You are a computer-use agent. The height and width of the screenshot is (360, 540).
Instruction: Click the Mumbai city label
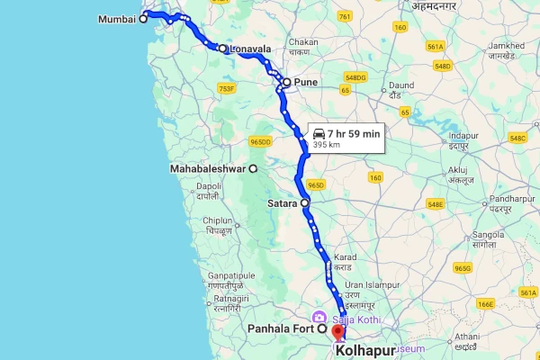click(x=114, y=18)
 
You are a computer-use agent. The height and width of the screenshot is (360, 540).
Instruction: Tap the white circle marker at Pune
click(x=286, y=82)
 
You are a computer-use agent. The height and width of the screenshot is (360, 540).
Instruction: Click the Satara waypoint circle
click(x=305, y=203)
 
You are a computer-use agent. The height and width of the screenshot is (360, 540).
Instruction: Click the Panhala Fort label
click(x=279, y=329)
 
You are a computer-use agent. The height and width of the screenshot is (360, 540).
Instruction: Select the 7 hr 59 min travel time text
click(x=354, y=132)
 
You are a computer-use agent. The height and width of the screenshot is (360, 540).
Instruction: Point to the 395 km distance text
click(x=327, y=144)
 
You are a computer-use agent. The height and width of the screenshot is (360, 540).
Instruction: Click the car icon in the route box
click(x=319, y=132)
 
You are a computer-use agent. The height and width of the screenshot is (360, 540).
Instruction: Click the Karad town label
click(x=346, y=257)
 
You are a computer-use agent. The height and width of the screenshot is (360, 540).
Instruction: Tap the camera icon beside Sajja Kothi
click(x=318, y=318)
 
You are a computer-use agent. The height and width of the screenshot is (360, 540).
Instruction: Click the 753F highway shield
click(x=227, y=88)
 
